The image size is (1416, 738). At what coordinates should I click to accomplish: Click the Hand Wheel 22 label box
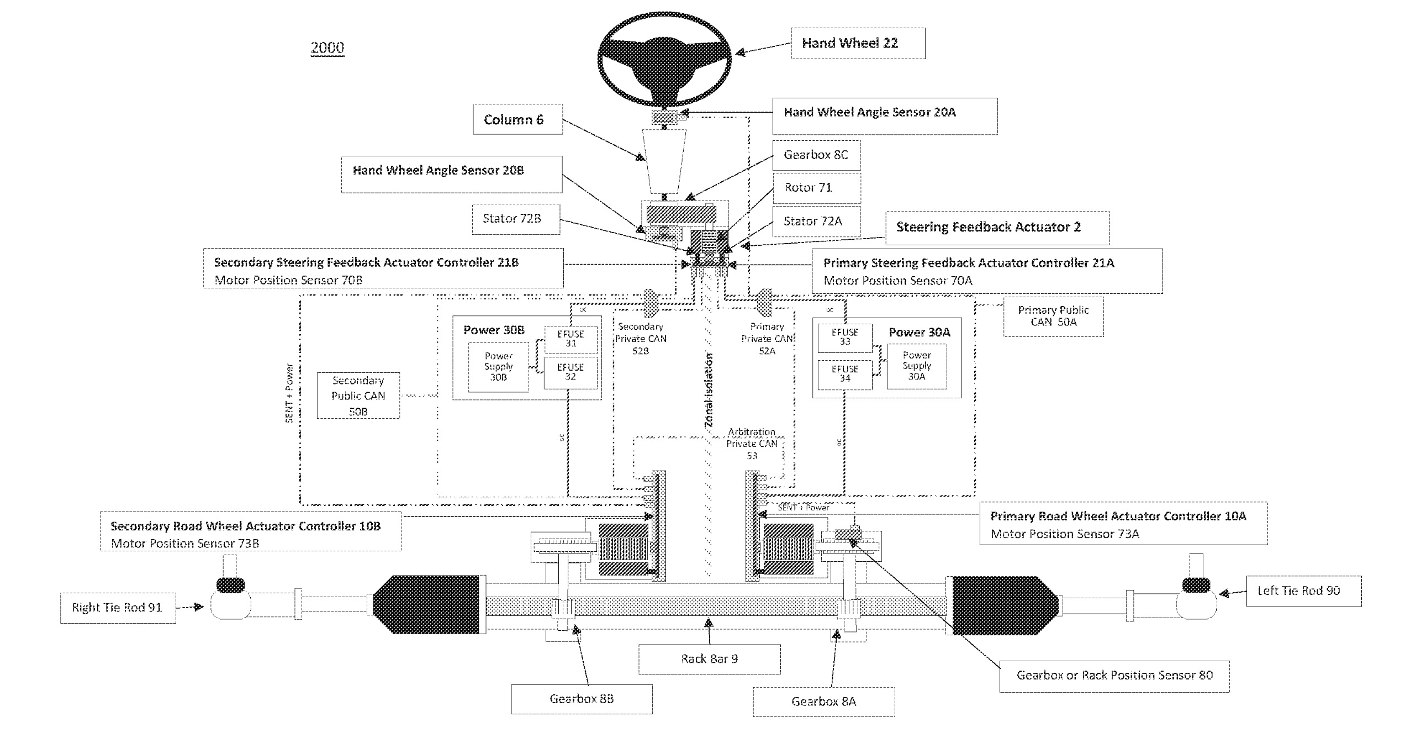858,43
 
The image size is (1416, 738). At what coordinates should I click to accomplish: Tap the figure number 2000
327,48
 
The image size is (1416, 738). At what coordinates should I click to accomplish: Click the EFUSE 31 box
570,339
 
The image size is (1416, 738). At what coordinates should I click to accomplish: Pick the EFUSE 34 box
845,374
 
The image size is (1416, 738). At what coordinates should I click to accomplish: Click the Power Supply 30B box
498,367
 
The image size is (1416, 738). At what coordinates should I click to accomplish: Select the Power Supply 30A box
917,366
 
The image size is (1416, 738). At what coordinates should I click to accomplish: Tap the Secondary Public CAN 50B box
358,396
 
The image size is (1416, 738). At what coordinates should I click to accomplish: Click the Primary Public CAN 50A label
1053,316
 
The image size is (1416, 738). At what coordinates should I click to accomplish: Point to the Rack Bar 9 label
709,658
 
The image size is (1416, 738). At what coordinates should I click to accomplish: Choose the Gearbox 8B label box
582,699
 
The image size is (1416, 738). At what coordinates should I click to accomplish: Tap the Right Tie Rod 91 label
118,608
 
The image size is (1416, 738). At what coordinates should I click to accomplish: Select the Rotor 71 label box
816,188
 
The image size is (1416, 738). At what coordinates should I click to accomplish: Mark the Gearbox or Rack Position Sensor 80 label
1114,676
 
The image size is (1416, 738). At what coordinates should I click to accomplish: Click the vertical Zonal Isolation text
709,389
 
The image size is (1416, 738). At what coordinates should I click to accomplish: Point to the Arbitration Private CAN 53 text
752,444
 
